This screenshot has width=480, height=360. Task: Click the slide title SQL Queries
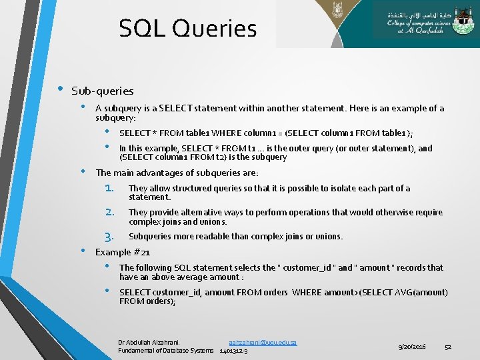(187, 29)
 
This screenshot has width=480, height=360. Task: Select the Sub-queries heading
(102, 91)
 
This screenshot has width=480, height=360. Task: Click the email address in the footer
(262, 342)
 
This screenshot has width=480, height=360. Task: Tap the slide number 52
(448, 347)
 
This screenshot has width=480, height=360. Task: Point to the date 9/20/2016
(412, 347)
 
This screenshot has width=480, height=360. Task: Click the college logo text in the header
(424, 24)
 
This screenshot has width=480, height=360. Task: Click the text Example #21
(123, 252)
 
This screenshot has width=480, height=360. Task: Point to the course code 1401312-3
(233, 350)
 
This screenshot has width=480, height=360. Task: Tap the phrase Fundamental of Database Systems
(166, 350)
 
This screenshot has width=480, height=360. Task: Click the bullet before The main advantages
(84, 171)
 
